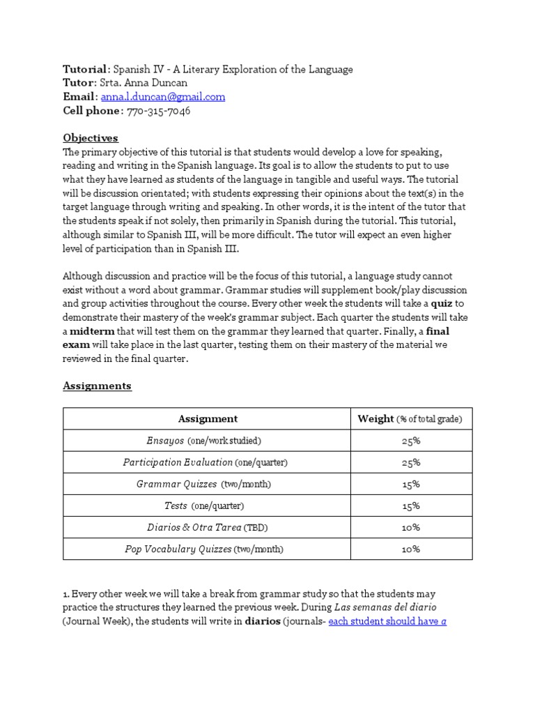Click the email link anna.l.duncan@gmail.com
tap(163, 97)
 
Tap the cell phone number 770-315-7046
tap(158, 111)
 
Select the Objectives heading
tap(91, 137)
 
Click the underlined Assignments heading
tap(97, 385)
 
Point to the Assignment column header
tap(208, 418)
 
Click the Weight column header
tap(410, 418)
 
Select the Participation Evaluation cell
tap(205, 462)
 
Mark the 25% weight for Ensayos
tap(410, 441)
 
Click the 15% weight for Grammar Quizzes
tap(410, 484)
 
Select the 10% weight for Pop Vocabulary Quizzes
tap(410, 549)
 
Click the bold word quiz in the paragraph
tap(442, 303)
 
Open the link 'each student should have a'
tap(387, 621)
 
